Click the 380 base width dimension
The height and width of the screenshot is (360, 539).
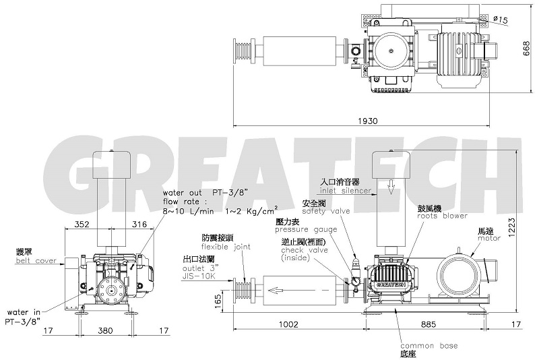coord(104,331)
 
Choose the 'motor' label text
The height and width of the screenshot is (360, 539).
coord(488,237)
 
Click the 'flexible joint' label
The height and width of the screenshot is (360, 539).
coord(226,247)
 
